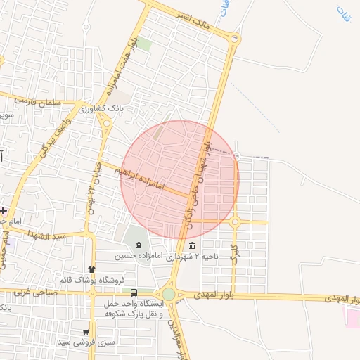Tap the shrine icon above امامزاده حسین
click(x=139, y=245)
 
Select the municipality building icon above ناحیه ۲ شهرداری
click(x=193, y=245)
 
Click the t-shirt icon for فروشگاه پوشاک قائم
click(x=91, y=269)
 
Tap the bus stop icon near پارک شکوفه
click(x=134, y=292)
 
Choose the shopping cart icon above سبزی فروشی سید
click(x=86, y=331)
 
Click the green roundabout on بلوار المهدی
click(x=168, y=293)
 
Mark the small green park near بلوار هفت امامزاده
click(x=144, y=44)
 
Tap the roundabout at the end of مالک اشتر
click(x=235, y=39)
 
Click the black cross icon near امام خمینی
click(x=4, y=210)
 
